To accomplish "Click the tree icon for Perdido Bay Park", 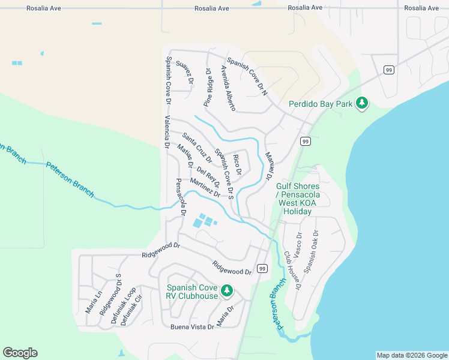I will (x=361, y=103).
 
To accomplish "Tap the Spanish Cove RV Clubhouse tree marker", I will (x=226, y=291).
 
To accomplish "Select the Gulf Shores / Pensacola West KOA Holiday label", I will (x=298, y=199).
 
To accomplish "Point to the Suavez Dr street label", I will (x=186, y=71).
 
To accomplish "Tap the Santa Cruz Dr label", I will (x=197, y=148).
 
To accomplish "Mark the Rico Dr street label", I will (x=237, y=164).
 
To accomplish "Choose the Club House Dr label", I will (x=292, y=271).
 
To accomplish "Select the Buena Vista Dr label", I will (x=192, y=327).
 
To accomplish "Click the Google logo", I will (x=20, y=353).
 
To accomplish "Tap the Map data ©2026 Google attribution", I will (x=411, y=355).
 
